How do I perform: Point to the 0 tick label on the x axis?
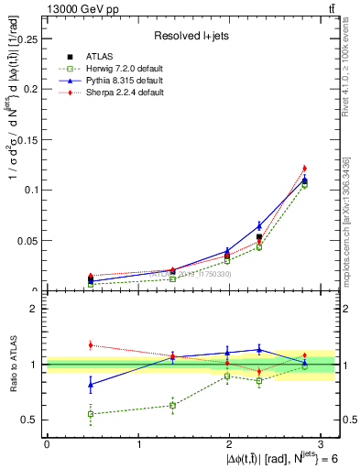pyautogui.click(x=47, y=443)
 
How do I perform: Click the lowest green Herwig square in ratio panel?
pyautogui.click(x=90, y=414)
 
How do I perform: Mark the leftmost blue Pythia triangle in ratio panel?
pyautogui.click(x=90, y=385)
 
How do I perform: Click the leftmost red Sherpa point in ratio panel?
pyautogui.click(x=90, y=345)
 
